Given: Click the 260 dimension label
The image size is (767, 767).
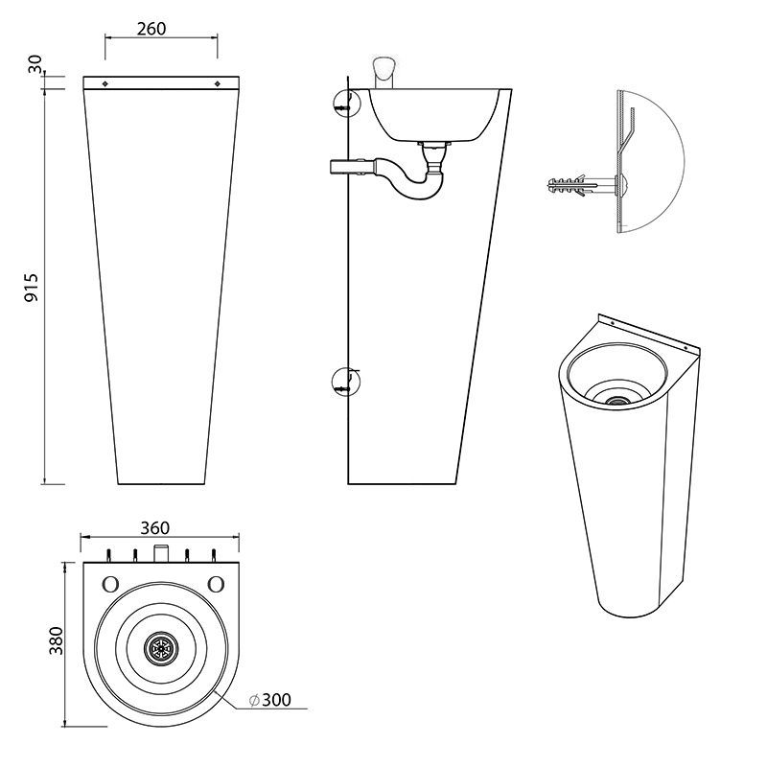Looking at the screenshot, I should (x=151, y=29).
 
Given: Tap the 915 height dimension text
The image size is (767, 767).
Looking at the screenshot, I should (x=31, y=287).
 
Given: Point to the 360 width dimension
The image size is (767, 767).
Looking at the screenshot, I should (x=155, y=528).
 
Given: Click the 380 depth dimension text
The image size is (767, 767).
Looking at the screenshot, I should (x=56, y=639).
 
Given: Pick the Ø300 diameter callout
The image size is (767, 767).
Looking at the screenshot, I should (x=269, y=701).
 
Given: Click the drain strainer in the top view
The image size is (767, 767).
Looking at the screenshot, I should (x=159, y=648).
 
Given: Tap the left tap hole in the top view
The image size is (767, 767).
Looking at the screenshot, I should (x=109, y=583).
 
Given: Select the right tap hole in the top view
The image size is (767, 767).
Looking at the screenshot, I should (x=216, y=583).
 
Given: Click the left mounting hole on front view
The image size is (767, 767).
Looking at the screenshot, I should (x=105, y=83).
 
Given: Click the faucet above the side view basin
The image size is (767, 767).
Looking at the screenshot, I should (x=384, y=70).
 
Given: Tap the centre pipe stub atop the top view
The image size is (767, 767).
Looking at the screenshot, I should (x=161, y=552).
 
